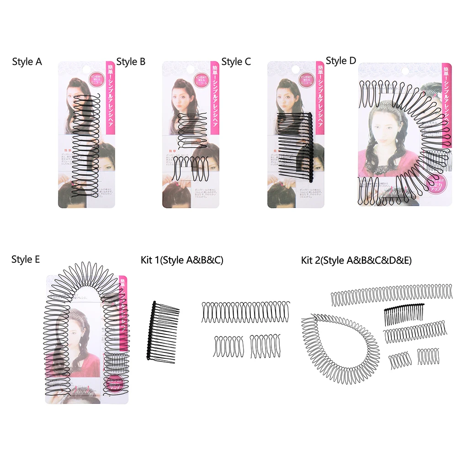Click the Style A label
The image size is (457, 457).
(x=27, y=61)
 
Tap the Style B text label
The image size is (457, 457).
(x=131, y=61)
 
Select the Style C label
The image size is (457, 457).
(x=236, y=61)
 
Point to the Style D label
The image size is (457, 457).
(x=341, y=61)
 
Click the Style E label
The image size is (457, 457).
(x=26, y=260)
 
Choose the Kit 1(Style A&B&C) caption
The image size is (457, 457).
(x=182, y=260)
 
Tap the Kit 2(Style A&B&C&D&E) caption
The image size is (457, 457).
(x=356, y=260)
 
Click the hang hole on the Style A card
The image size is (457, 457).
(x=87, y=70)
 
